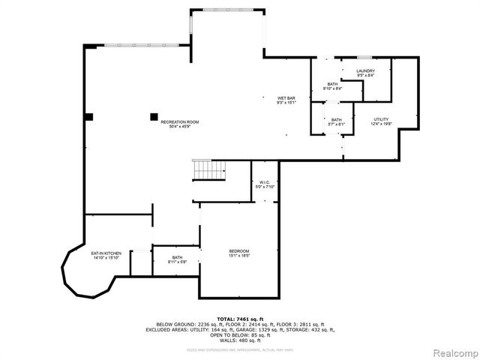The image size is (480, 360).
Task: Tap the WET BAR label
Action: [x=286, y=98]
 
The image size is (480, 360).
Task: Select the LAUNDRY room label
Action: [x=365, y=71]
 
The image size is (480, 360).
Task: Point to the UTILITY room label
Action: [x=382, y=120]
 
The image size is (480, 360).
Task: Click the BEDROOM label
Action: [x=239, y=250]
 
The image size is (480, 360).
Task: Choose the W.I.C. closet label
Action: [x=265, y=182]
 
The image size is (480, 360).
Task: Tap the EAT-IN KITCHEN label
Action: [x=106, y=253]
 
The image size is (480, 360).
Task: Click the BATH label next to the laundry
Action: [x=332, y=84]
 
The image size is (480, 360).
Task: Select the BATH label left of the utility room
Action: [x=337, y=120]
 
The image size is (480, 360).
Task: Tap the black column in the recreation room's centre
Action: [x=154, y=116]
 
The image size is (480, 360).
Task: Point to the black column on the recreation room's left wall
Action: [x=88, y=116]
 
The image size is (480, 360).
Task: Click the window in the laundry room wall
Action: [x=365, y=58]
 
